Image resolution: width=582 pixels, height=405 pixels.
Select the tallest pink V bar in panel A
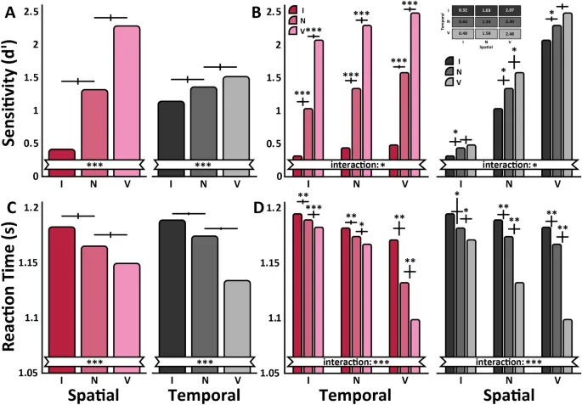(127, 93)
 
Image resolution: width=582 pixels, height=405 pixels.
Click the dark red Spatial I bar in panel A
(61, 162)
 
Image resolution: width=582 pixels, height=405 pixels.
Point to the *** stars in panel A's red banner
(93, 163)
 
